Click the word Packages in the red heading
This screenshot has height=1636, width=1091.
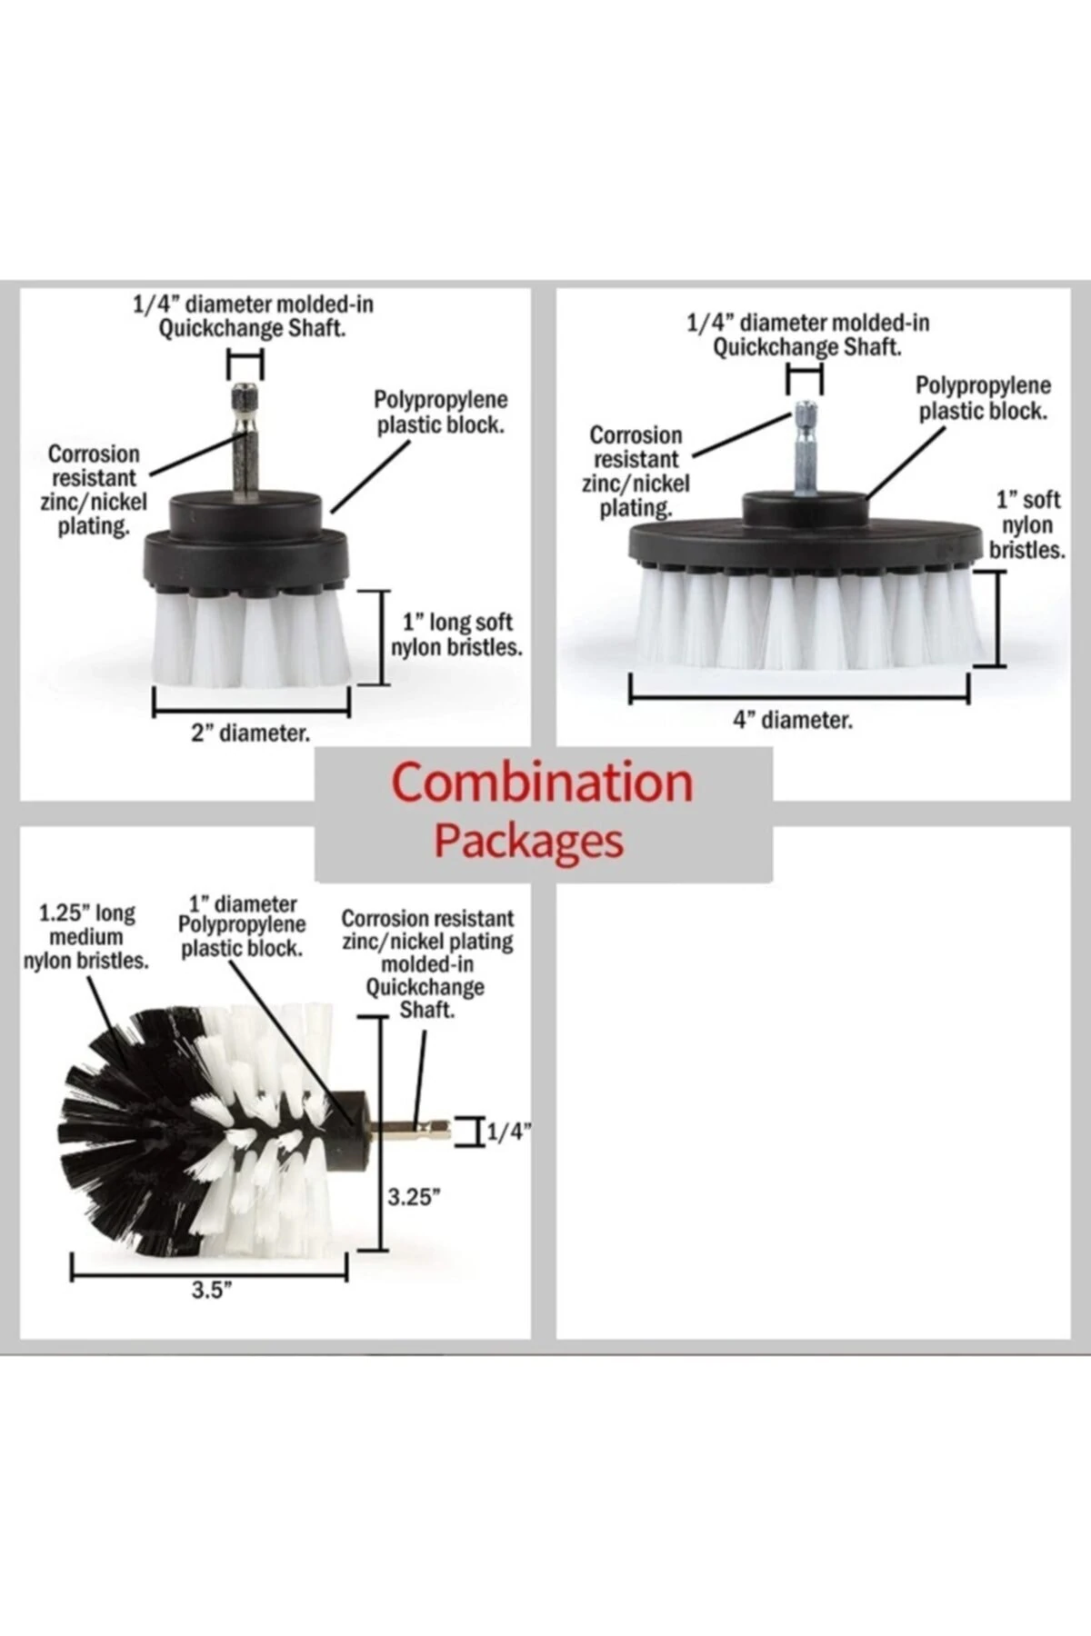coord(528,841)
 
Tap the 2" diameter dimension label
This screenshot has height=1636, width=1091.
coord(250,733)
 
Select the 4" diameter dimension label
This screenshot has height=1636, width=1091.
coord(793,721)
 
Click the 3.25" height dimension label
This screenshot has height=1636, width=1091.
coord(414,1197)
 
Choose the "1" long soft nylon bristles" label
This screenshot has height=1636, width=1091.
coord(457,634)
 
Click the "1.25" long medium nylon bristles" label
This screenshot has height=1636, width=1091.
coord(86,937)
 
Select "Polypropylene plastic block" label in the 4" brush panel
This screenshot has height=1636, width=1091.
coord(983,399)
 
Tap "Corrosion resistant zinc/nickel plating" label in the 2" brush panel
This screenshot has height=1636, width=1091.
coord(94,489)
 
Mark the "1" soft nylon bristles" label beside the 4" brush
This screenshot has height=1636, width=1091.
coord(1027,524)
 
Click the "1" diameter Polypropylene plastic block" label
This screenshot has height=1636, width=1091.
coord(242,926)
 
